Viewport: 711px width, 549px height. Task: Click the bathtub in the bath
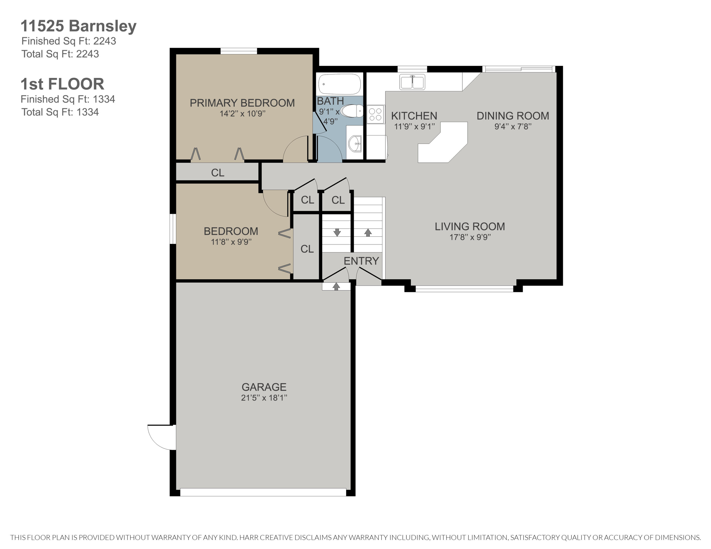340,84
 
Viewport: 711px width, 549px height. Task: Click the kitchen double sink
412,82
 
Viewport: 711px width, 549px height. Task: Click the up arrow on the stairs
368,232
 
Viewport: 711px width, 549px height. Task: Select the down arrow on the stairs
337,232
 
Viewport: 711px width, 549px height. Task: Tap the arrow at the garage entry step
336,286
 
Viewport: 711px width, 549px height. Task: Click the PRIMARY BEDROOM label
242,103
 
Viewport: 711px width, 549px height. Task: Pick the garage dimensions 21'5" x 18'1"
264,398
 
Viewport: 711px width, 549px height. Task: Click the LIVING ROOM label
470,226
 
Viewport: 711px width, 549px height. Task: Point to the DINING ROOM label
513,116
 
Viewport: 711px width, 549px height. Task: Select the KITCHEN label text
414,116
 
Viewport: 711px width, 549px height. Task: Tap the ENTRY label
361,261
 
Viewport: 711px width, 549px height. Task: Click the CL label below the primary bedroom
218,173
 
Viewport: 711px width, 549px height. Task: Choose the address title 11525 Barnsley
78,26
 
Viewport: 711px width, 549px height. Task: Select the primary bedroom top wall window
239,51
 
